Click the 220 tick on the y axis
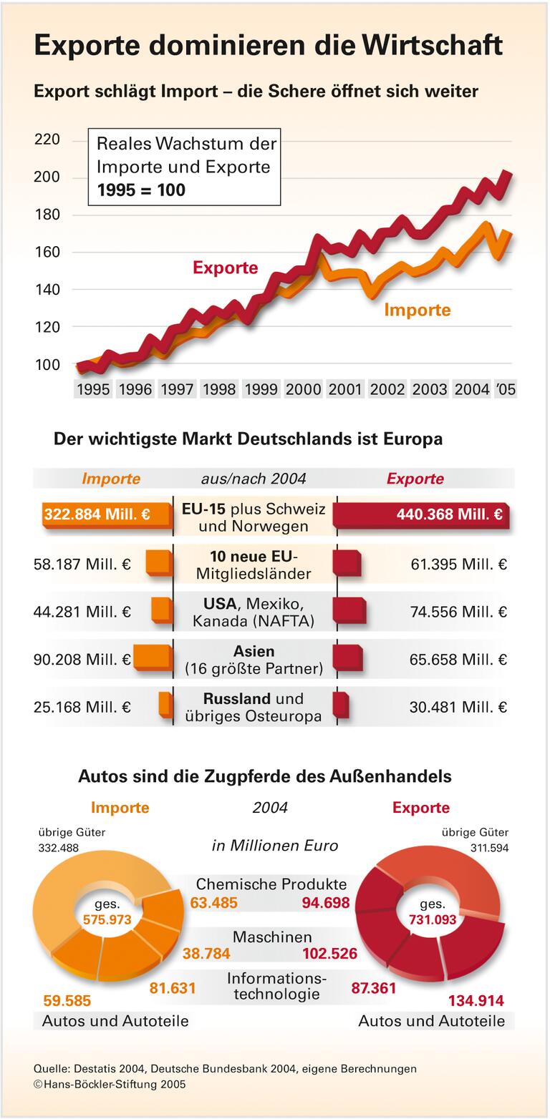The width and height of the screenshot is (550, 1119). coord(47,140)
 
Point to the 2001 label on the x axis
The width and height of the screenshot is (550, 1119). coord(344,389)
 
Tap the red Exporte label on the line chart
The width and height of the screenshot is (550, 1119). coord(225,268)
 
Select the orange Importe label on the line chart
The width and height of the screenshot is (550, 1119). coord(417,310)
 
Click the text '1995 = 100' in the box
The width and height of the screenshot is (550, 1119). coord(141,190)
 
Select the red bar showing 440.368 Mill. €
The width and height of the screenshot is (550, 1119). coord(423,514)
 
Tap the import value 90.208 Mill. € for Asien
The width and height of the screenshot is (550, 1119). coord(82,659)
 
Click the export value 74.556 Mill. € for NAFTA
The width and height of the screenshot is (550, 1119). coord(458,612)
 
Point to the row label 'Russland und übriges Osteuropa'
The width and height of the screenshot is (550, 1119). coord(254,707)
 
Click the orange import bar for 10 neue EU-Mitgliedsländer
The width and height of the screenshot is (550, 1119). coord(159,562)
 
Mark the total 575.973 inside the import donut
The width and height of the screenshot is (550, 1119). coord(107,919)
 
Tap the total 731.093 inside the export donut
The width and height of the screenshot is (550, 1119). coord(432,919)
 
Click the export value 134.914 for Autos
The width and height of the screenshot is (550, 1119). coord(476,1000)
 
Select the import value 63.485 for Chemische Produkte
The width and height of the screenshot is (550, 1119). coord(213,903)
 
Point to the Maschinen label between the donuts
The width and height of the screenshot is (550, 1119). coord(272,937)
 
